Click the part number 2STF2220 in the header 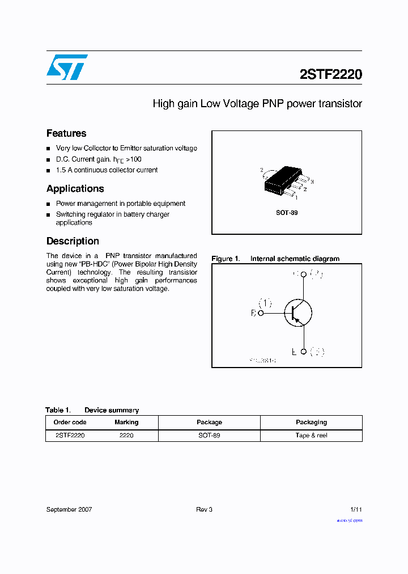[330, 74]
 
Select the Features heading [66, 133]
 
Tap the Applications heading [75, 188]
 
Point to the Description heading [73, 241]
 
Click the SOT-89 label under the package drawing [287, 213]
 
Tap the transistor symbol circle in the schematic [298, 313]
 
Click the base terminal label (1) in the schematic [265, 302]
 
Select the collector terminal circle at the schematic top [303, 275]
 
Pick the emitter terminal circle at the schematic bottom [303, 352]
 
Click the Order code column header [70, 422]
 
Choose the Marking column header [126, 422]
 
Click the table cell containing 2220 [126, 436]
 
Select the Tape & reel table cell [311, 436]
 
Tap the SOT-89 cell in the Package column [209, 436]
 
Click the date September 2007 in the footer [69, 509]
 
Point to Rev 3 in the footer [204, 509]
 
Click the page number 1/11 [356, 509]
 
